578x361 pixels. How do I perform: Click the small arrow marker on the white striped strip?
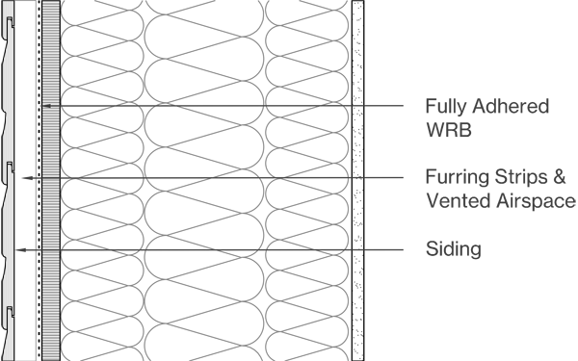tap(46, 105)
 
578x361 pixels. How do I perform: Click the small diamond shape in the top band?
tap(145, 103)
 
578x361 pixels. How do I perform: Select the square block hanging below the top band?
tap(166, 112)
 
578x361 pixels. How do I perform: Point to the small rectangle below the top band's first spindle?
tap(126, 111)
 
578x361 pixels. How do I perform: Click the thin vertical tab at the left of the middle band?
tap(75, 170)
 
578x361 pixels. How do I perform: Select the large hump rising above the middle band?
tap(179, 171)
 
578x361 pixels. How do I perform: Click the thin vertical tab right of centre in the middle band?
tap(279, 169)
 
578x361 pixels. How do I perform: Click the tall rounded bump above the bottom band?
tap(234, 239)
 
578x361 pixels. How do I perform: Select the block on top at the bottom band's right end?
tap(328, 244)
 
